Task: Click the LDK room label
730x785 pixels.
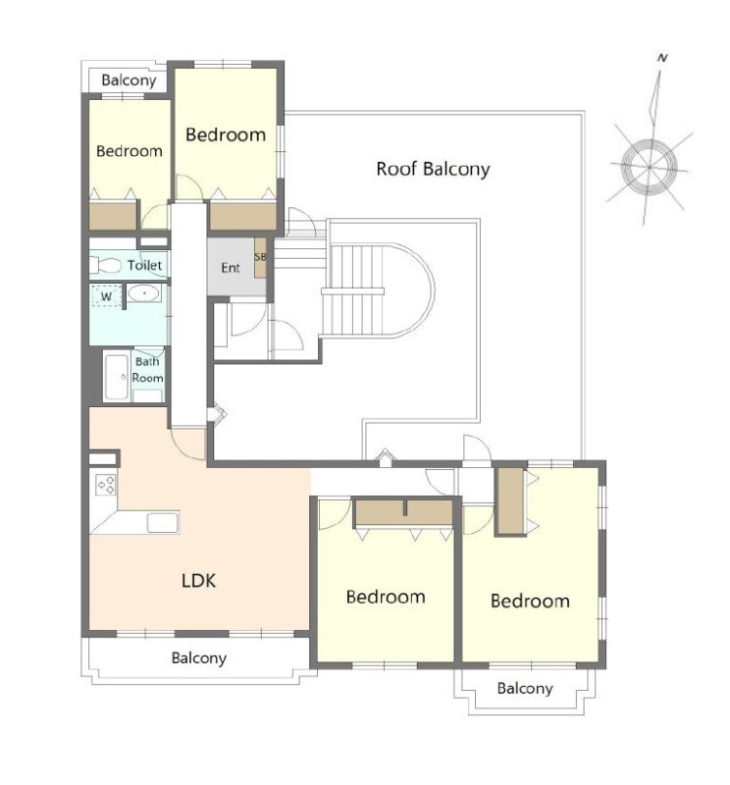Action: [x=199, y=581]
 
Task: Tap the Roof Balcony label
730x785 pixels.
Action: [x=433, y=169]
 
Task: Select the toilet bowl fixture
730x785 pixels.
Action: [x=106, y=265]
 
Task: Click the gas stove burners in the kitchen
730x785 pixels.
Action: [x=106, y=485]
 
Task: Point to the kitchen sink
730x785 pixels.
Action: [x=163, y=523]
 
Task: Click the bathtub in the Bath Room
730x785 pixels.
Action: [x=117, y=377]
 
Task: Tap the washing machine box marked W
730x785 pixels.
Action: [x=106, y=296]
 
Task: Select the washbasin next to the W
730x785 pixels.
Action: [x=143, y=292]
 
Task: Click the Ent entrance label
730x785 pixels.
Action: [x=231, y=268]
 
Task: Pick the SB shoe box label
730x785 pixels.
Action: [x=260, y=257]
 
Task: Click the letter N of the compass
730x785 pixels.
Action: [x=662, y=58]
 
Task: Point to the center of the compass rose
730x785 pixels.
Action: [x=649, y=167]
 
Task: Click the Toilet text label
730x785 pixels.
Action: [x=144, y=265]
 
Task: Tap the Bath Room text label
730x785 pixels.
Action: [x=147, y=370]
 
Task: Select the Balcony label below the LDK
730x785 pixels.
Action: [x=199, y=657]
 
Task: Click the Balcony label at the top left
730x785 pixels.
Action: [x=129, y=80]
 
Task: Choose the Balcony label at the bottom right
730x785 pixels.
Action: [x=525, y=689]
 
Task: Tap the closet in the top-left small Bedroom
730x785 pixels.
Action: [x=113, y=216]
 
